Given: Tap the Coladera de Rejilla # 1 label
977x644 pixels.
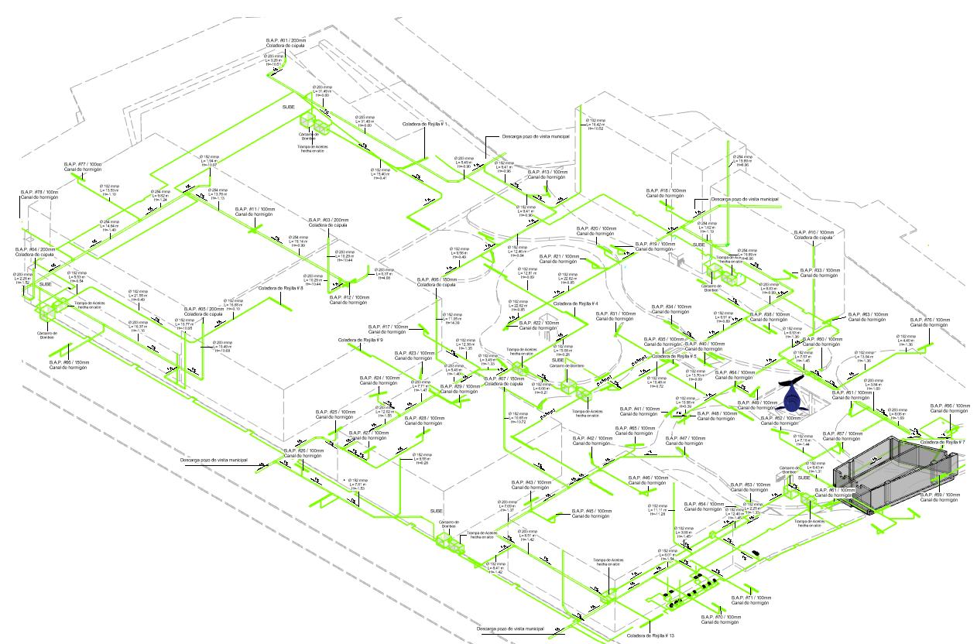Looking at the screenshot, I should tap(425, 124).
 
